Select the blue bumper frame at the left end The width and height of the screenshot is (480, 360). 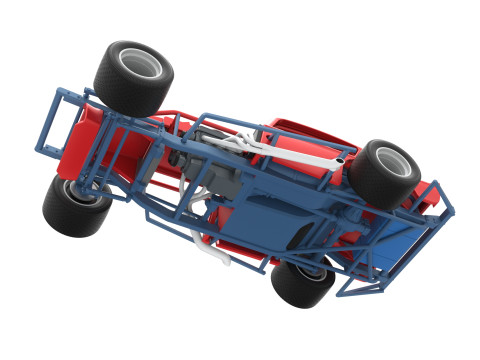point(55,120)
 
